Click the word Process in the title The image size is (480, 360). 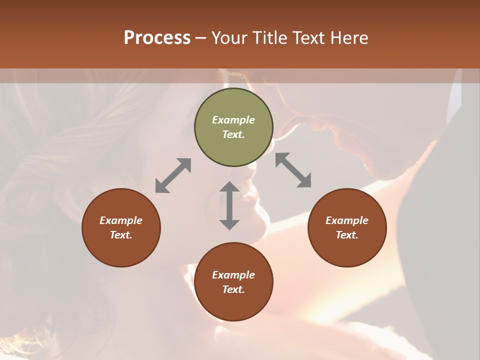(157, 38)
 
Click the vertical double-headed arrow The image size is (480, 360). (229, 205)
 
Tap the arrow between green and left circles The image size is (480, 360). (173, 175)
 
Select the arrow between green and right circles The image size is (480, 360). (293, 170)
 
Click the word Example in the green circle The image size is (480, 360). (233, 120)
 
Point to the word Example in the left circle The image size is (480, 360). (121, 220)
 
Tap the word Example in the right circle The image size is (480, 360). (347, 220)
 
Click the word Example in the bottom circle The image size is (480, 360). (233, 275)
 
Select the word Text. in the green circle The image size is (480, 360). (233, 134)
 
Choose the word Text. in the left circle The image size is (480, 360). (121, 235)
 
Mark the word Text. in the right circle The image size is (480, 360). (347, 235)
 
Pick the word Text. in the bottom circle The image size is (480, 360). (233, 289)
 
